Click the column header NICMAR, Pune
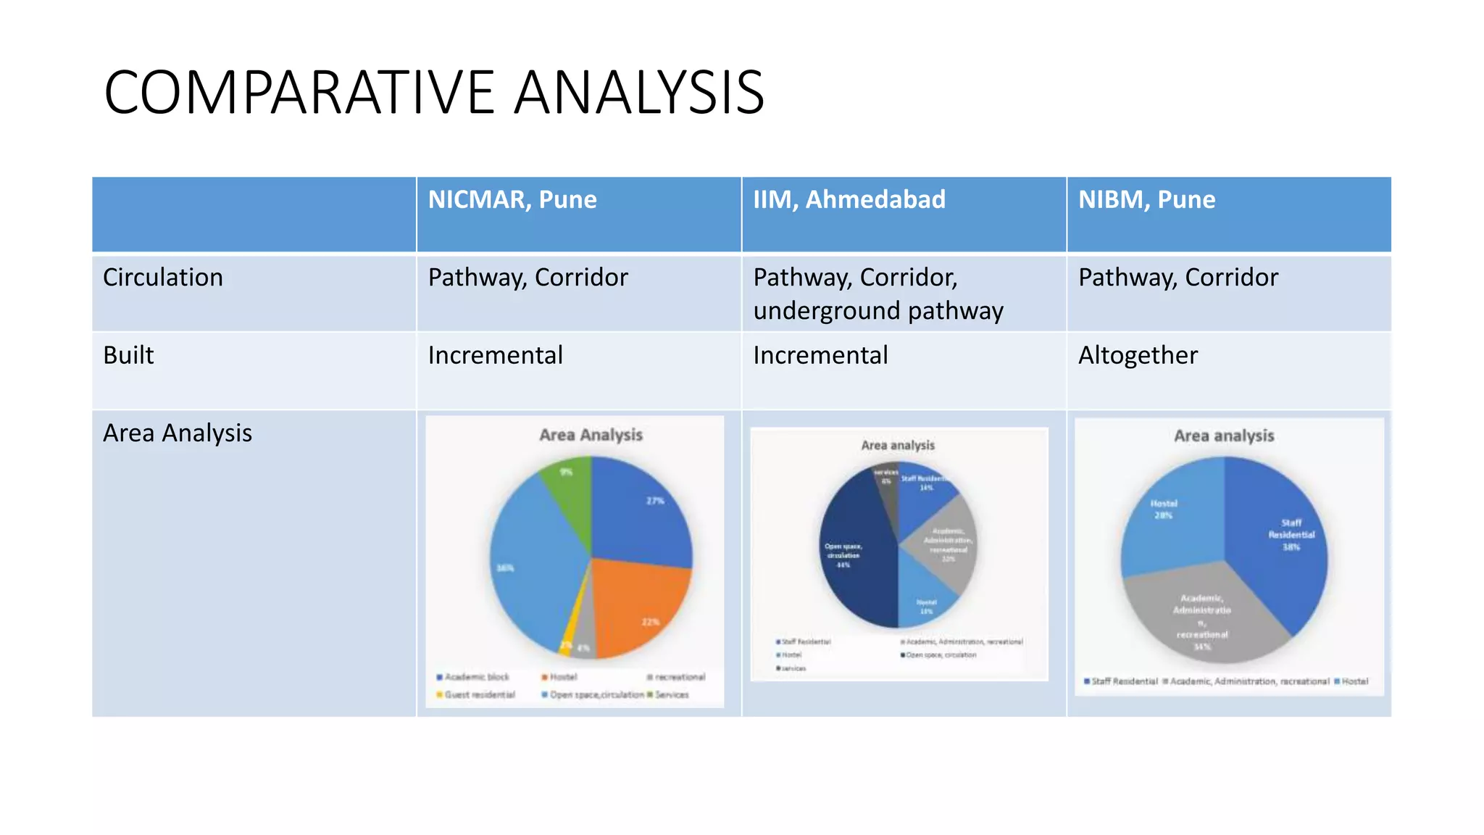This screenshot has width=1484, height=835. (x=512, y=199)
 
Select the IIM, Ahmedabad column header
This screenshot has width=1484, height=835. (x=849, y=199)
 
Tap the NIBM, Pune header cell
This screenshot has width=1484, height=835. (x=1146, y=199)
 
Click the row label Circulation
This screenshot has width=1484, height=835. (x=163, y=278)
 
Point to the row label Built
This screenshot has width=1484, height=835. (x=129, y=355)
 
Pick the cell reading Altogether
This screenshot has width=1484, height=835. (x=1138, y=355)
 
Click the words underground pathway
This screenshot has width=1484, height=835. (x=878, y=311)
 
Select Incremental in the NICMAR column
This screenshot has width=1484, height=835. (x=495, y=355)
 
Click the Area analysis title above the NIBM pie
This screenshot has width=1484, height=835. (x=1224, y=436)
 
